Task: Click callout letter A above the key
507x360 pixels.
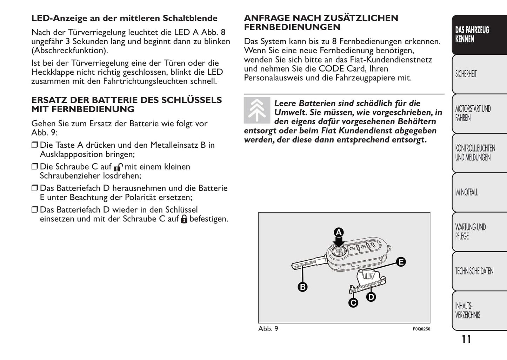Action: coord(339,232)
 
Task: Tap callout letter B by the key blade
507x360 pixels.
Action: coord(302,287)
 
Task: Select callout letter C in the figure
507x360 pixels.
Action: coord(353,302)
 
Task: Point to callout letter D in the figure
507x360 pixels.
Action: coord(371,297)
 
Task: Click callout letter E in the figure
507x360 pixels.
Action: coord(401,262)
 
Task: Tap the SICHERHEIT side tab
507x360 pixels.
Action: coord(479,74)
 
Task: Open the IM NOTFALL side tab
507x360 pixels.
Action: coord(479,192)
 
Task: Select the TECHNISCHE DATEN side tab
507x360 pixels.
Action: coord(479,271)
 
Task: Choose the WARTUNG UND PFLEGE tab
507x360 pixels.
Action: coord(479,232)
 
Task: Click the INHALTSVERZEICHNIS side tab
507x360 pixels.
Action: coord(479,311)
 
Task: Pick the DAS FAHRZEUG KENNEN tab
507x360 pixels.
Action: coord(479,34)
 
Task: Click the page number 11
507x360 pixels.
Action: coord(466,339)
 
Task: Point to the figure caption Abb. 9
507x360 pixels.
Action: coord(268,329)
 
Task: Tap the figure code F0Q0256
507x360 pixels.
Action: coord(421,329)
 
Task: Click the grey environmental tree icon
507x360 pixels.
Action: coord(257,110)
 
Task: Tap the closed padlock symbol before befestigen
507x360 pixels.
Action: coord(184,219)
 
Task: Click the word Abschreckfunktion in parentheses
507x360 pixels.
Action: coord(69,51)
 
